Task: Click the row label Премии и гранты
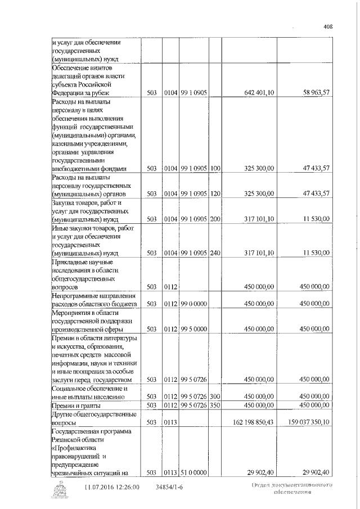click(x=76, y=406)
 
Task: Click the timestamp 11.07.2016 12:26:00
click(x=112, y=487)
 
